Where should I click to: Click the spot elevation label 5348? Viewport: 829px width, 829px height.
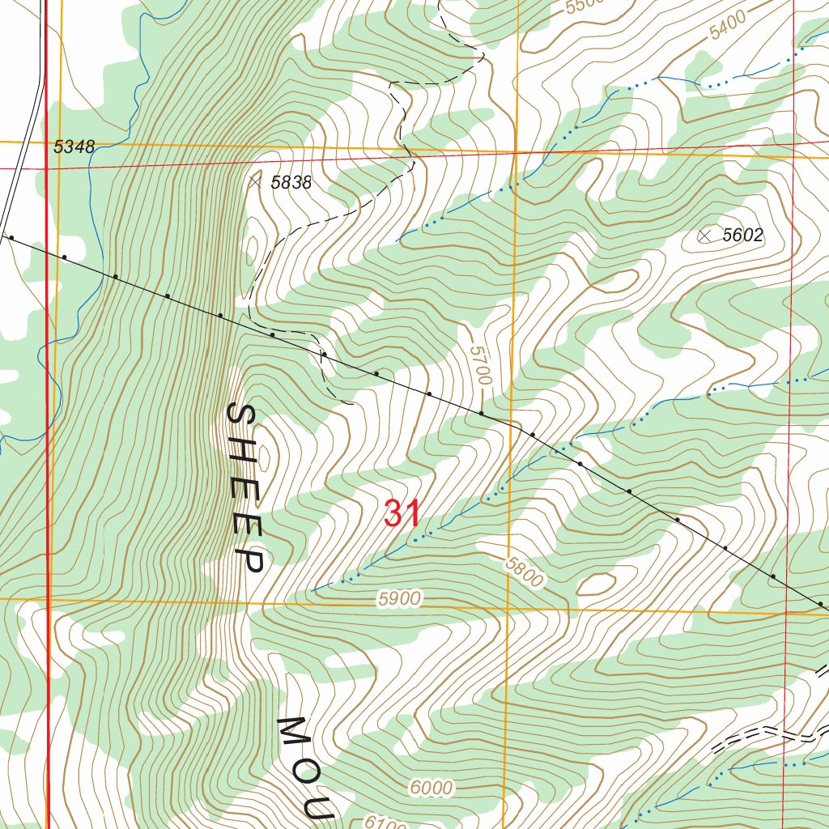74,147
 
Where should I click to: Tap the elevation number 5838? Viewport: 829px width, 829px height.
291,183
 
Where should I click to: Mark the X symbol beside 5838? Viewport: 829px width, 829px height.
257,182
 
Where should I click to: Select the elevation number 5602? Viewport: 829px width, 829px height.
742,236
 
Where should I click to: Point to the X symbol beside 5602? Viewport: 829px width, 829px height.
705,236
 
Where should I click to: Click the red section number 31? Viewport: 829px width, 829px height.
402,514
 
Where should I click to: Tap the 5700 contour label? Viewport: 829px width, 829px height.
481,363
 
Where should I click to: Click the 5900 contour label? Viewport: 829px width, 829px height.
399,599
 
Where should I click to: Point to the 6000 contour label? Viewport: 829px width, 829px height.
431,787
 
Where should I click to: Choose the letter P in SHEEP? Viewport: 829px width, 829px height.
252,560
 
